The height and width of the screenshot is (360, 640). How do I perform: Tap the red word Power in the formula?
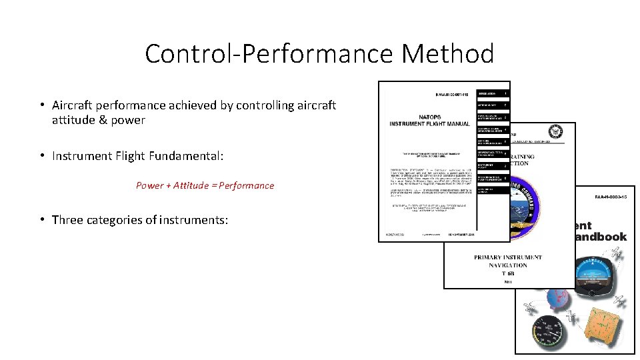pyautogui.click(x=149, y=185)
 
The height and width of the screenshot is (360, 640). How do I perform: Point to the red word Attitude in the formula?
pyautogui.click(x=191, y=185)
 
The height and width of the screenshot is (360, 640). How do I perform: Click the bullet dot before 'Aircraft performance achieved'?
pyautogui.click(x=41, y=105)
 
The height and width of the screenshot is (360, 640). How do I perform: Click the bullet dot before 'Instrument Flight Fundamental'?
pyautogui.click(x=41, y=156)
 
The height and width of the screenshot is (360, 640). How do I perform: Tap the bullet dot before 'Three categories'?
pyautogui.click(x=41, y=220)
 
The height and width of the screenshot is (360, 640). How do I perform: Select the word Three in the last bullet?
pyautogui.click(x=67, y=220)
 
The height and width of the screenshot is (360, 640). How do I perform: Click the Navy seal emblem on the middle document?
pyautogui.click(x=555, y=132)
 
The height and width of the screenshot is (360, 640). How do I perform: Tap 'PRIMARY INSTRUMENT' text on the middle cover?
pyautogui.click(x=508, y=257)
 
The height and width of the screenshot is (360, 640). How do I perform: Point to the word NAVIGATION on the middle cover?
pyautogui.click(x=508, y=265)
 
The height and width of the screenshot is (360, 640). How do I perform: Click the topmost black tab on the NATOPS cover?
pyautogui.click(x=492, y=93)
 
